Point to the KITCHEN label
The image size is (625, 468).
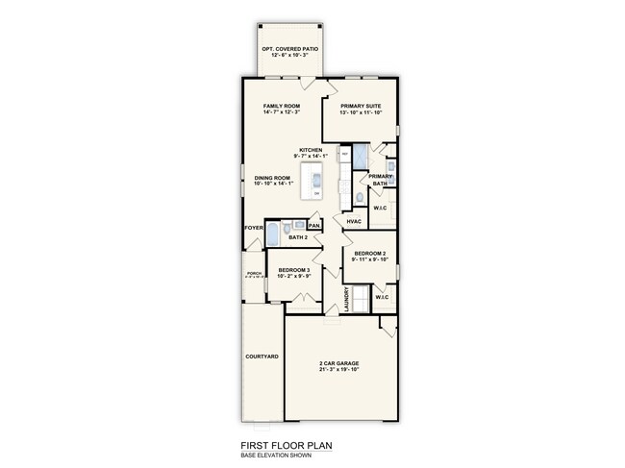tap(311, 149)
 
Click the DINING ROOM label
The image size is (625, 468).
tap(272, 178)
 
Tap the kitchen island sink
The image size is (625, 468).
tap(314, 178)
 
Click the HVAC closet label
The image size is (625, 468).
tap(354, 222)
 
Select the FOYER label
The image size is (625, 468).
tap(254, 228)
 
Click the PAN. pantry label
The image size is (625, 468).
tap(313, 226)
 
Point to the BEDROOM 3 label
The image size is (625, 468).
tap(292, 271)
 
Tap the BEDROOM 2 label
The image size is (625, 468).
tap(368, 253)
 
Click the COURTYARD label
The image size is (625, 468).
tap(262, 357)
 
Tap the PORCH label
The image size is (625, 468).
tap(254, 274)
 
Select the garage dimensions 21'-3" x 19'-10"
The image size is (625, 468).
tap(340, 370)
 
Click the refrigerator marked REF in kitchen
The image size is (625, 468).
tap(344, 156)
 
